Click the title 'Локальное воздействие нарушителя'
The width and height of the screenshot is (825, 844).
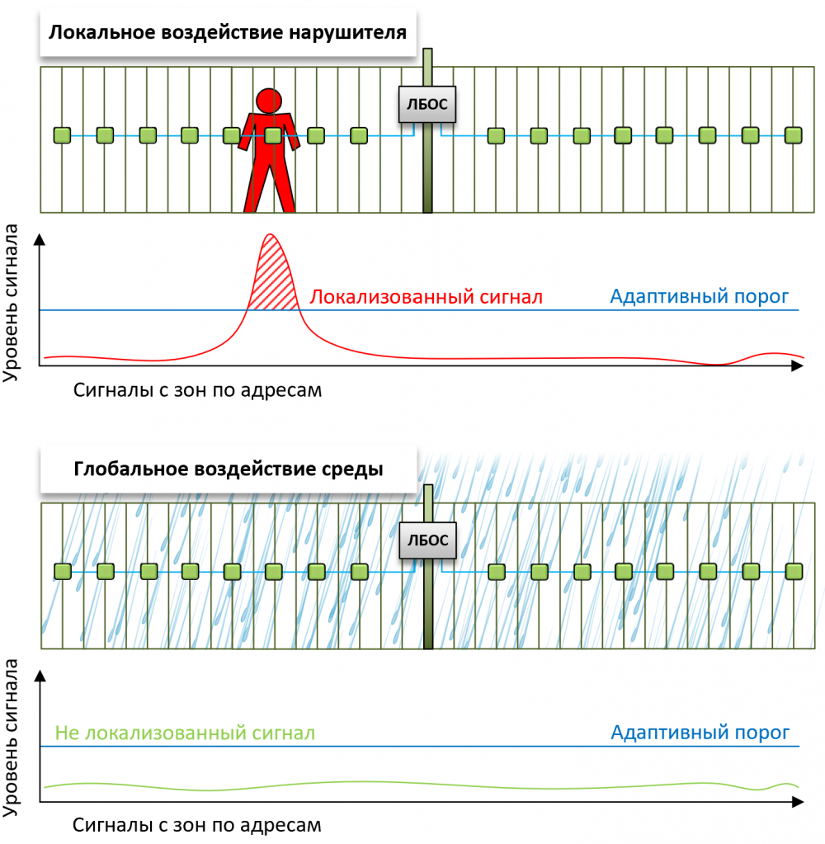click(x=227, y=33)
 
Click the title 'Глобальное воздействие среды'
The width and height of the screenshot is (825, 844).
click(x=228, y=469)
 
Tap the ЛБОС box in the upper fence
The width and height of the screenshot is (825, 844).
click(x=427, y=104)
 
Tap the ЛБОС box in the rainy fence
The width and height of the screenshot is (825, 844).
click(x=427, y=541)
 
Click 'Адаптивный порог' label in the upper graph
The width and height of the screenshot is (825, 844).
click(x=699, y=296)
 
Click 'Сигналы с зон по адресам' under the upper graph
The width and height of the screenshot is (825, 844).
click(x=197, y=389)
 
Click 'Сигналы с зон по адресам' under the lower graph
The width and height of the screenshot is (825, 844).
click(x=197, y=824)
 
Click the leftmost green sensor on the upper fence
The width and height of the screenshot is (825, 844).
click(x=62, y=135)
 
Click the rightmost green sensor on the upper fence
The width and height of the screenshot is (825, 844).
click(x=793, y=135)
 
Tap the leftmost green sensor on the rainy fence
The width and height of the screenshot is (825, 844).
click(x=62, y=571)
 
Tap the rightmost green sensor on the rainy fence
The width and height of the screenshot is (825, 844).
click(x=793, y=571)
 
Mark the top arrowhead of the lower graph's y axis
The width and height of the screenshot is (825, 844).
click(x=40, y=675)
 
